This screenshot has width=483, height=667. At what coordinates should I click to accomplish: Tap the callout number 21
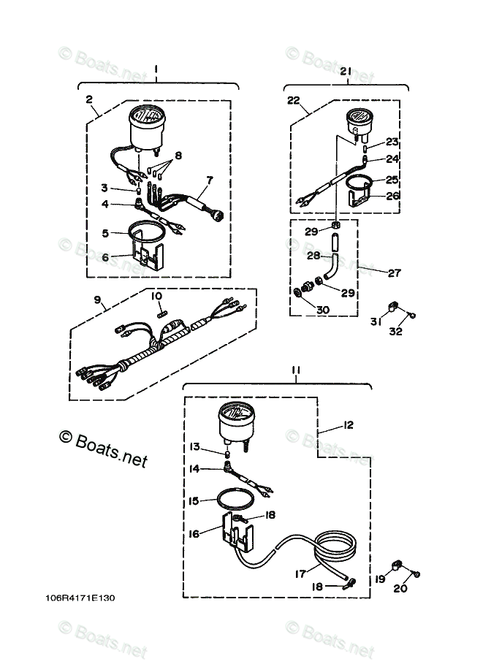coord(346,71)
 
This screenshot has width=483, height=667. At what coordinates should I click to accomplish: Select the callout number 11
coord(294,371)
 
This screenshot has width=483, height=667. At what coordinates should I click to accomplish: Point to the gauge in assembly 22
coord(357,121)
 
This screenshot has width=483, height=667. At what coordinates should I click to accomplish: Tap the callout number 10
coord(156,296)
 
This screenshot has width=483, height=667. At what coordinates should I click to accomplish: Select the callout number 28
coord(312,256)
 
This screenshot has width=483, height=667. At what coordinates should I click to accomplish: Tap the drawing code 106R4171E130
coord(79,598)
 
